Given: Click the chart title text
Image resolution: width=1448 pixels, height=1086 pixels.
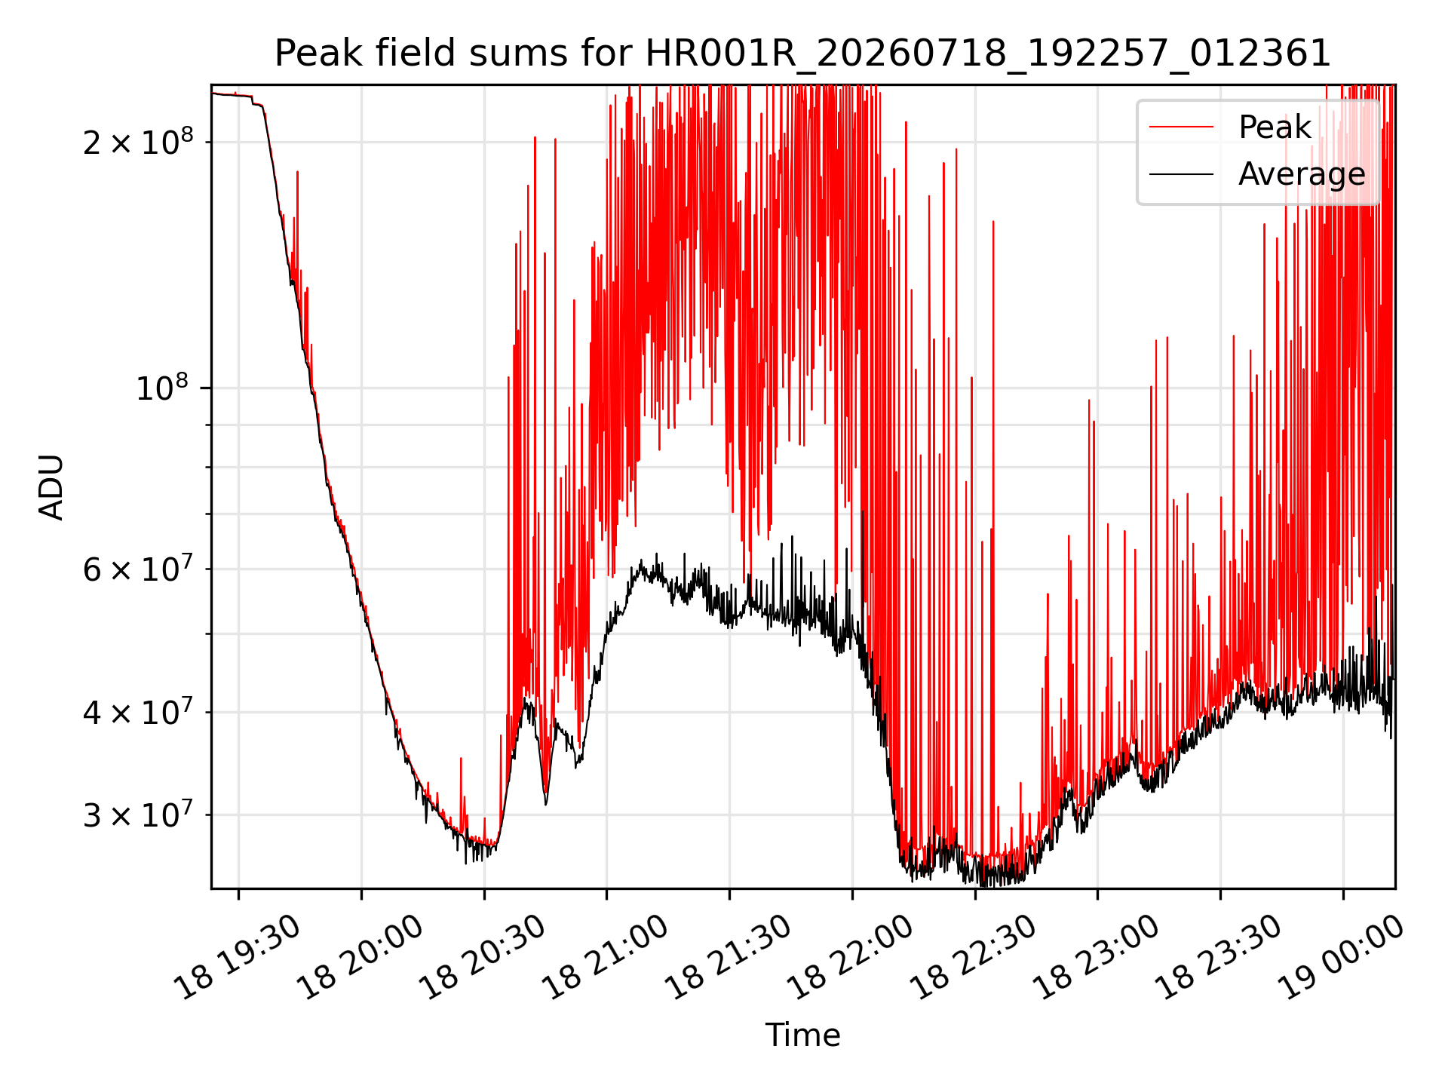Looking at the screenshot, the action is click(802, 54).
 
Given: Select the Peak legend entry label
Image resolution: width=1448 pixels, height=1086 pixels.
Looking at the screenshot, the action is click(1275, 127).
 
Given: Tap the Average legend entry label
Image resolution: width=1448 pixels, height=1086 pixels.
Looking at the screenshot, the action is click(1302, 174).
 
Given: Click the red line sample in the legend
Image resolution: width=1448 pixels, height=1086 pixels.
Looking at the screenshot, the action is click(1182, 127).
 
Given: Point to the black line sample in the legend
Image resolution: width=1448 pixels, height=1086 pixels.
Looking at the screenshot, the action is click(1182, 174).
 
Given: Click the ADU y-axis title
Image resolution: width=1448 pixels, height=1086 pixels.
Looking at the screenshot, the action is click(52, 487).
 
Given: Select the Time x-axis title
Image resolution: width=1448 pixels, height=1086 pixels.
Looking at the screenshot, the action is click(802, 1035).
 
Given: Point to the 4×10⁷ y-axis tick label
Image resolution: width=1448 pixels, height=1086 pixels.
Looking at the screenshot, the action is click(138, 710).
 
